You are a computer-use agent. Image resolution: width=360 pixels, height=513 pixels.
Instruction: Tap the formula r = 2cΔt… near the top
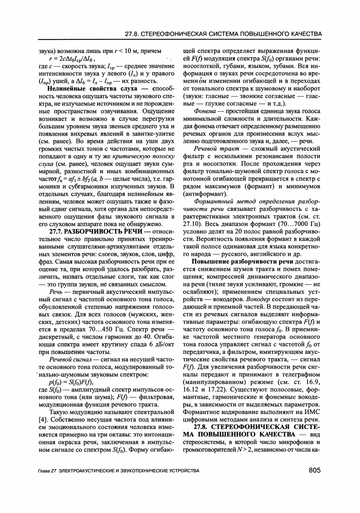(x=75, y=59)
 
